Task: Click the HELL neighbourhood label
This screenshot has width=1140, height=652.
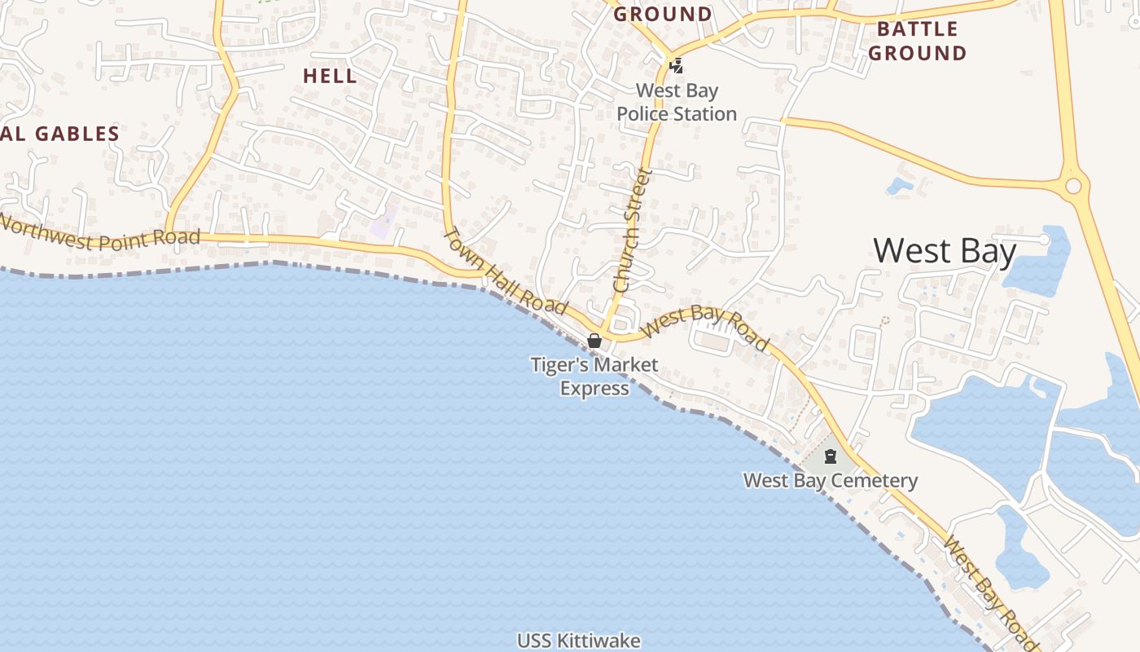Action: tap(330, 76)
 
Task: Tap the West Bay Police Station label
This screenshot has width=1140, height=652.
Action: tap(677, 103)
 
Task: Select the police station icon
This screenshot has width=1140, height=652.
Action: tap(675, 64)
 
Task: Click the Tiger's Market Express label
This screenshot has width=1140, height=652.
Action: tap(594, 376)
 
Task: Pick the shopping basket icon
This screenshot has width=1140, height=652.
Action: tap(594, 341)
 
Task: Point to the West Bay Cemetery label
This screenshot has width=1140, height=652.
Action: tap(831, 480)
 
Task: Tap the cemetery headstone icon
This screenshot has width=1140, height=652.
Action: tap(831, 456)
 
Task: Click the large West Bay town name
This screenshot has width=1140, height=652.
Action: tap(945, 251)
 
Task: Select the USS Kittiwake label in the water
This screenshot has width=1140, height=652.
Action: tap(578, 641)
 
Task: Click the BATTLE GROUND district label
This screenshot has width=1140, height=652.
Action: tap(917, 42)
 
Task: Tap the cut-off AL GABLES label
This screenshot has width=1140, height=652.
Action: tap(61, 134)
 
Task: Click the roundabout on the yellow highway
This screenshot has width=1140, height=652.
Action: tap(1073, 186)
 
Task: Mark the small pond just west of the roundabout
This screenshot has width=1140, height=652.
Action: tap(900, 185)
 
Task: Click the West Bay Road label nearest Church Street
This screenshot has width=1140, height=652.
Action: tap(705, 327)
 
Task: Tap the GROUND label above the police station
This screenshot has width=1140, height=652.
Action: tap(663, 14)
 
